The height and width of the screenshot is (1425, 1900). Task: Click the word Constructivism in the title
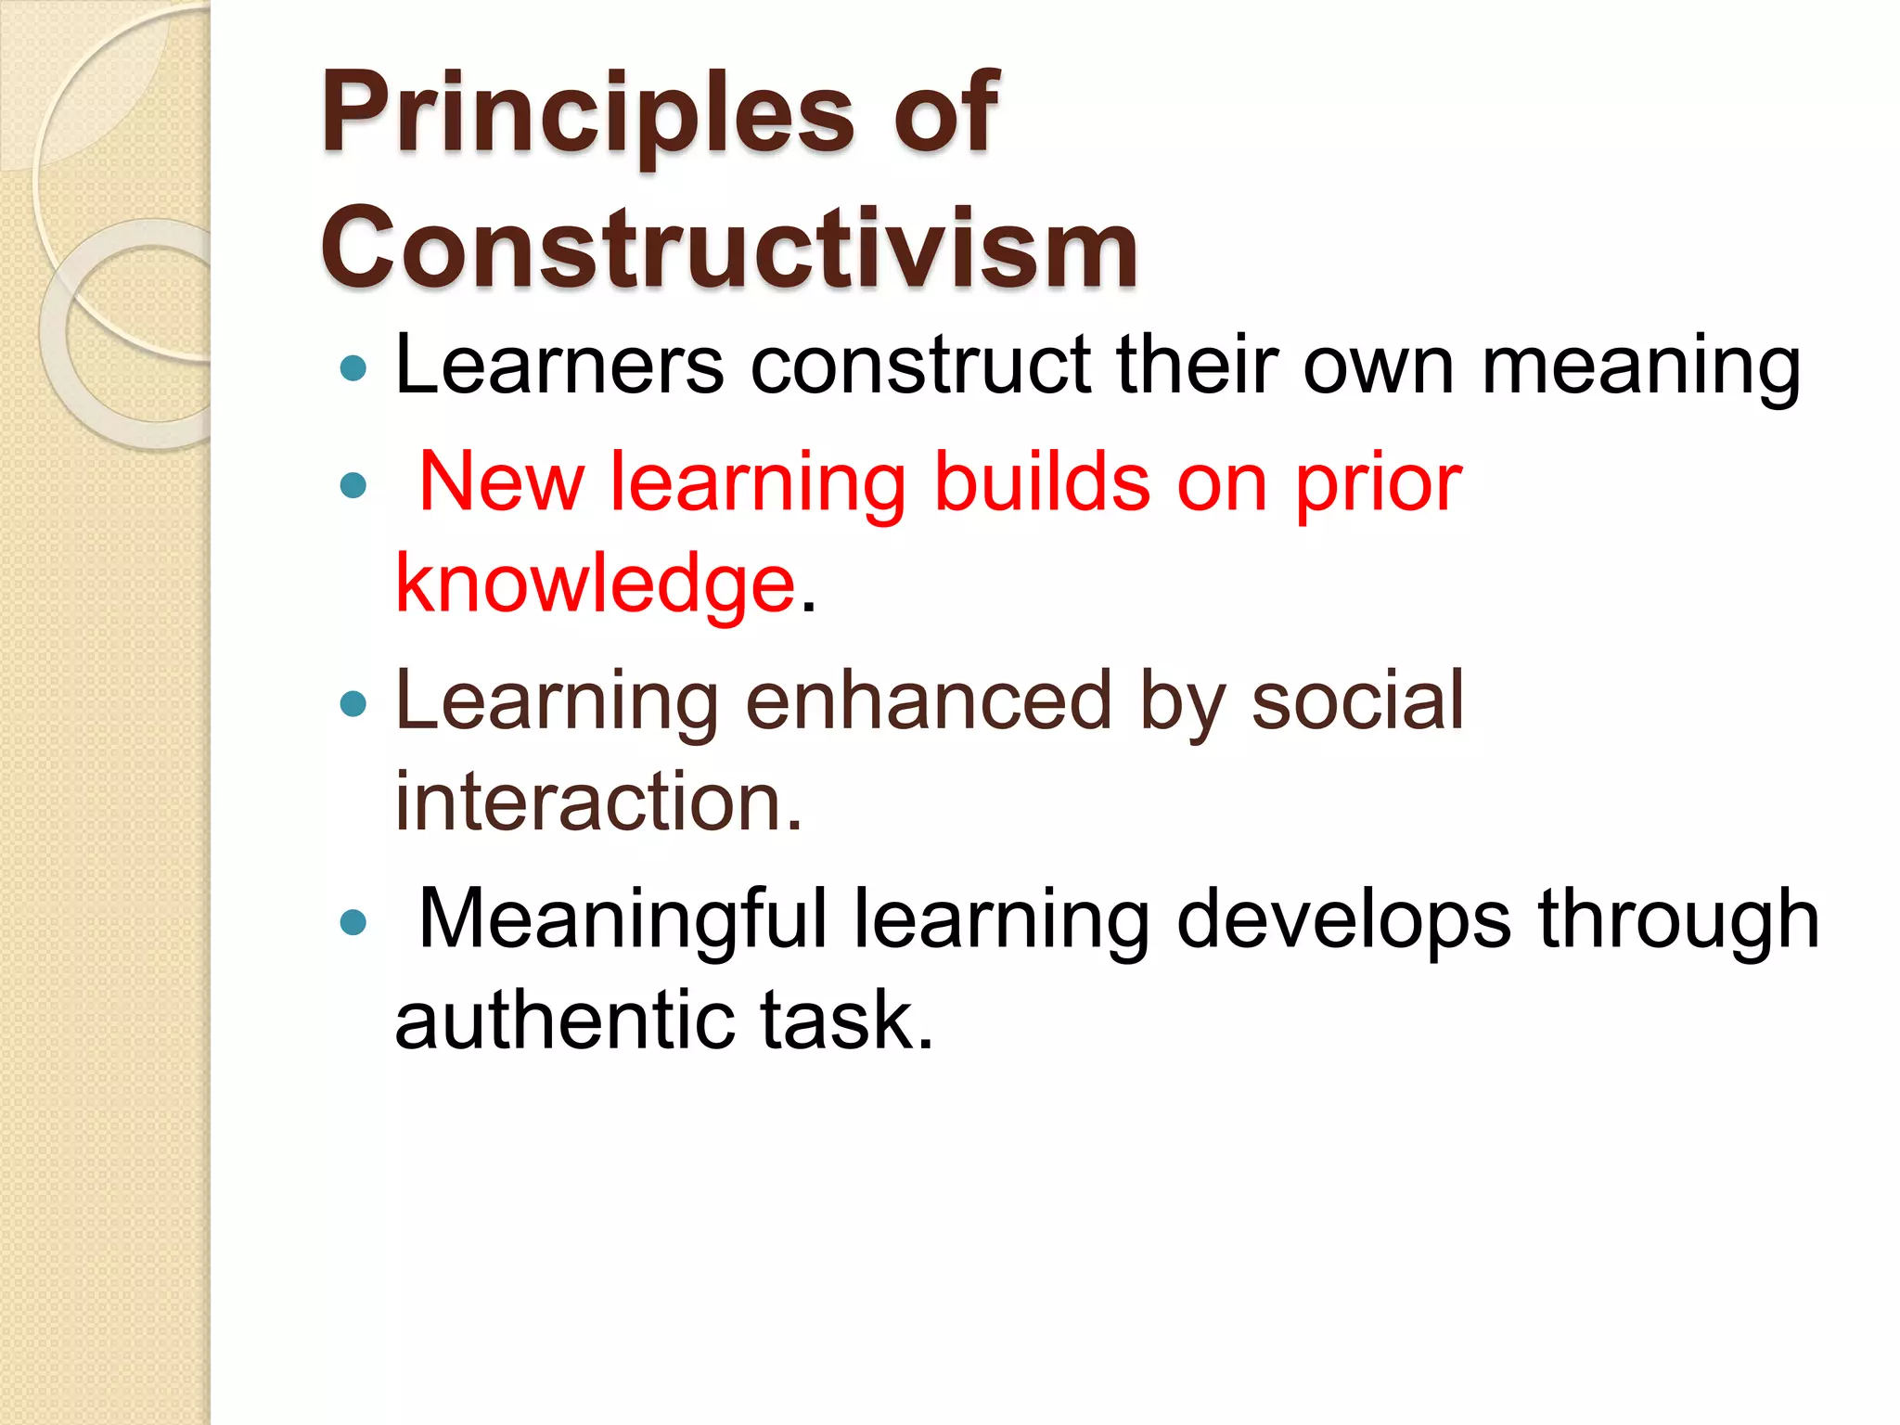tap(729, 249)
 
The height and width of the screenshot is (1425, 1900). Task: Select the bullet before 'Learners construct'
tap(353, 369)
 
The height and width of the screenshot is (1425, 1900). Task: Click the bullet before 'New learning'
tap(353, 485)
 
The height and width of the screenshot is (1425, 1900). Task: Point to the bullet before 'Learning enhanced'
tap(353, 704)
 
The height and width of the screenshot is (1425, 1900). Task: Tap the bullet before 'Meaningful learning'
tap(353, 922)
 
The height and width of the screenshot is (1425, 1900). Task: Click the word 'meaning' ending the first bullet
tap(1640, 369)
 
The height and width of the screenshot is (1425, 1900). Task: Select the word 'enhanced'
tap(928, 700)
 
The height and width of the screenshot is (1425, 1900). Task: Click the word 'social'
tap(1356, 700)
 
